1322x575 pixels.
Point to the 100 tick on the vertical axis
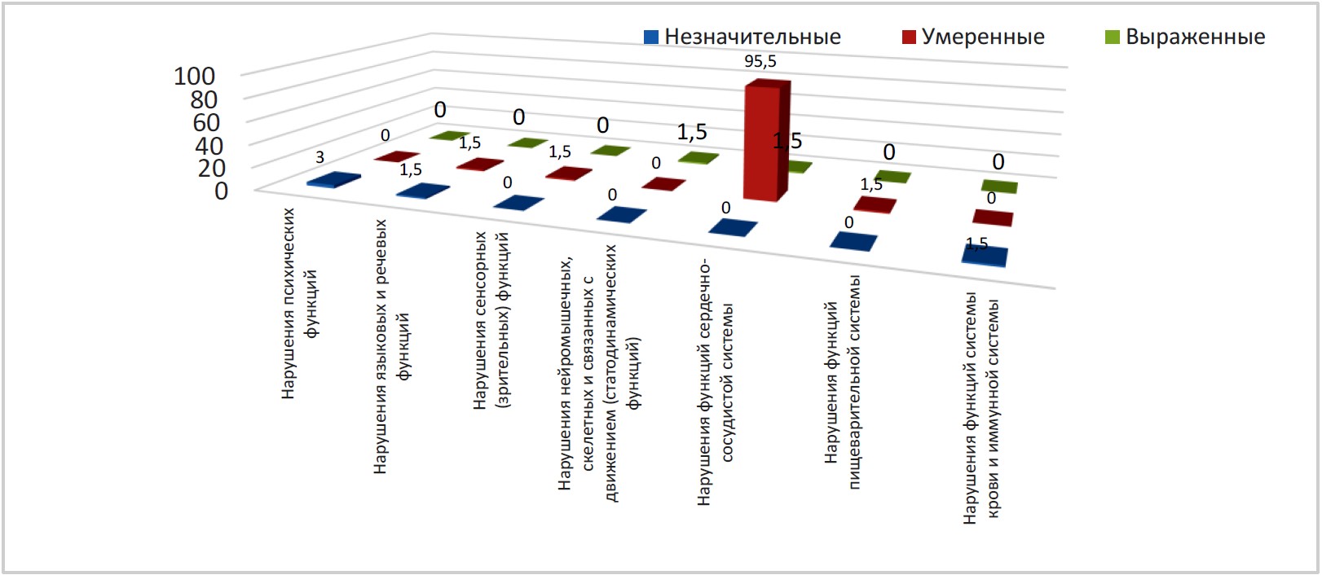[x=195, y=77]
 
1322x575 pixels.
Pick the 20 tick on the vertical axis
[x=210, y=168]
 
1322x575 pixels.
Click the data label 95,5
[x=760, y=62]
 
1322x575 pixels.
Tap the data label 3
[x=320, y=157]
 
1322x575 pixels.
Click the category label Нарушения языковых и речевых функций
[x=391, y=346]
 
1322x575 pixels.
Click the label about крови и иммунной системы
[x=981, y=407]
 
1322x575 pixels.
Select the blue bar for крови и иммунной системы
[x=985, y=256]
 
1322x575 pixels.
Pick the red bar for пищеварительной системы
[x=875, y=204]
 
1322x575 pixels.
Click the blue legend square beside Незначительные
[x=650, y=37]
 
